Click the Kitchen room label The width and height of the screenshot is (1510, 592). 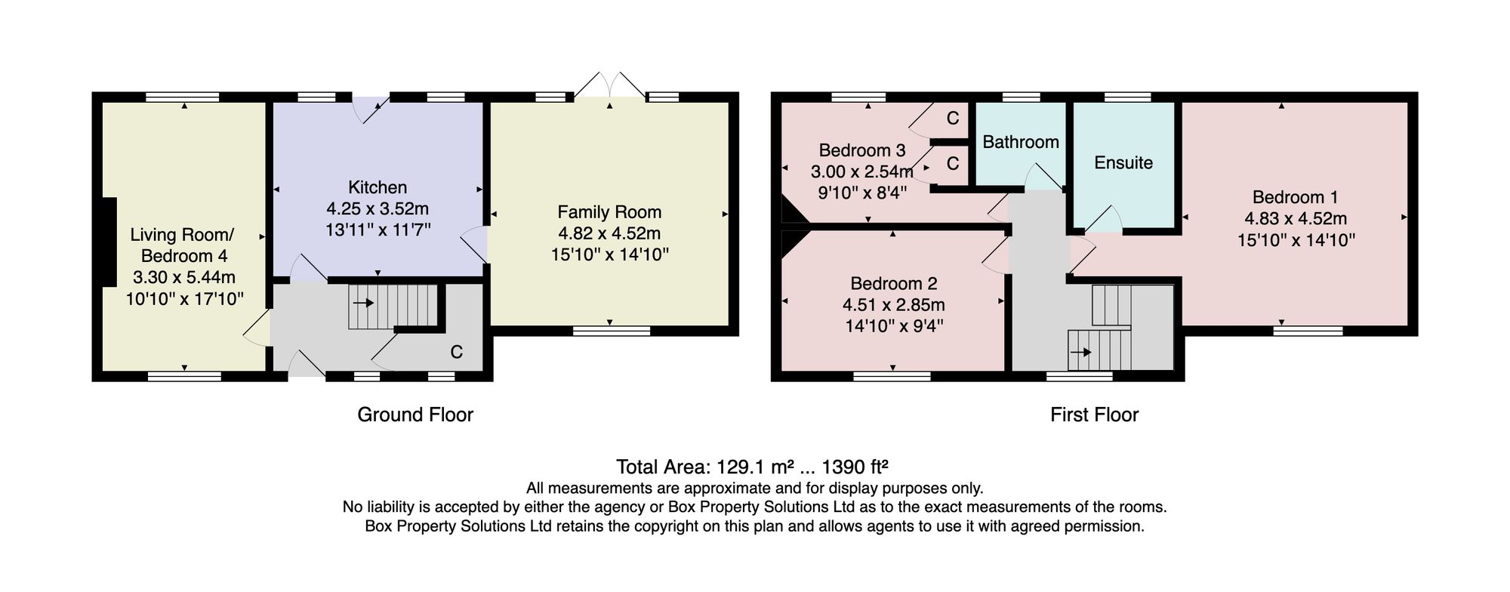[377, 187]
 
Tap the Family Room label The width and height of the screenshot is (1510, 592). [609, 212]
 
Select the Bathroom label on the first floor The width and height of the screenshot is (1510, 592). [1021, 142]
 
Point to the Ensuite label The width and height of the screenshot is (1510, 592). [1123, 162]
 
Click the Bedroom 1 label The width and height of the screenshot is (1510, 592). [1296, 197]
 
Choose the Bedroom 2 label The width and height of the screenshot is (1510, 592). [894, 283]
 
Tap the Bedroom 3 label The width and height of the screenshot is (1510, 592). [862, 150]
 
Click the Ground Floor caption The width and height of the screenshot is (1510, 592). [415, 415]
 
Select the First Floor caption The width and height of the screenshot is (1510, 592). [1094, 415]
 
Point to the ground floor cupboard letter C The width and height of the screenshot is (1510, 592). [457, 352]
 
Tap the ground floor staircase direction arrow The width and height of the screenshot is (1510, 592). [363, 304]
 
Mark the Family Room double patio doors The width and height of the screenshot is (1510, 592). [609, 85]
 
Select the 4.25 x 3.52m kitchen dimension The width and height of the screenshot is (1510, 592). [377, 208]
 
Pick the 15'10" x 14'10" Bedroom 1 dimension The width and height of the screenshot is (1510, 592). [1296, 240]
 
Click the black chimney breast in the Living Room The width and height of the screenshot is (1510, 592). [109, 242]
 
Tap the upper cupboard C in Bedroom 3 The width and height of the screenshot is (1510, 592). [953, 118]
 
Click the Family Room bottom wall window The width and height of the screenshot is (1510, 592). [612, 331]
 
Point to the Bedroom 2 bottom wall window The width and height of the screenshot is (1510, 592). [892, 376]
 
